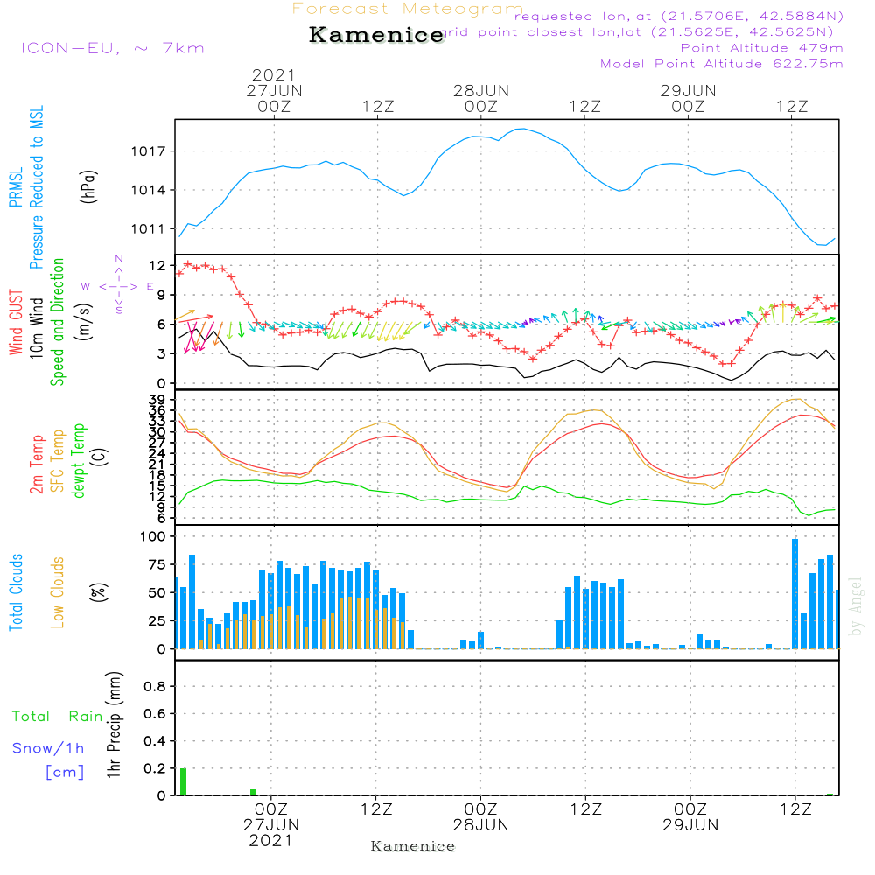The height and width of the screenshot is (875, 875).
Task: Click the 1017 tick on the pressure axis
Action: [154, 151]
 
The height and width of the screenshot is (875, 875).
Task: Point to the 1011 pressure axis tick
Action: [154, 229]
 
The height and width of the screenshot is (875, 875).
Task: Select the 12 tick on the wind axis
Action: [158, 265]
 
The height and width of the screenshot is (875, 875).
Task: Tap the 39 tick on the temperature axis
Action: [158, 400]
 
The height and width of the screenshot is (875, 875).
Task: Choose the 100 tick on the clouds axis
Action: [154, 537]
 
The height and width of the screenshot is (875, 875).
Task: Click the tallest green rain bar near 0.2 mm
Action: [183, 781]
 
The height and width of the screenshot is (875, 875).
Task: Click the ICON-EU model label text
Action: [112, 48]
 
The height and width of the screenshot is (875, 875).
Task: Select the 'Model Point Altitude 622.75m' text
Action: [721, 64]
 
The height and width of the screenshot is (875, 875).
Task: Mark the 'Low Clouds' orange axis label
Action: [59, 592]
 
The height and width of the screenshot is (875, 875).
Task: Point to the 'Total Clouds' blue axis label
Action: [17, 592]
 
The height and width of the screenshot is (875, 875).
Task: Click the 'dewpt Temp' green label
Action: [80, 461]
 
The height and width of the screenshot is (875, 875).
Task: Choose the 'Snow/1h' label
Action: [48, 748]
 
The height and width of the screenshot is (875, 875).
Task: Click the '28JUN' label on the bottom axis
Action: [480, 824]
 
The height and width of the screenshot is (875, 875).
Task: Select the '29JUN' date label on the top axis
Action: [688, 90]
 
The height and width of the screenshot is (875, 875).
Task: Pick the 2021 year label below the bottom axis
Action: [271, 840]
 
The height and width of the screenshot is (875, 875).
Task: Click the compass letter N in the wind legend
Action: [118, 259]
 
